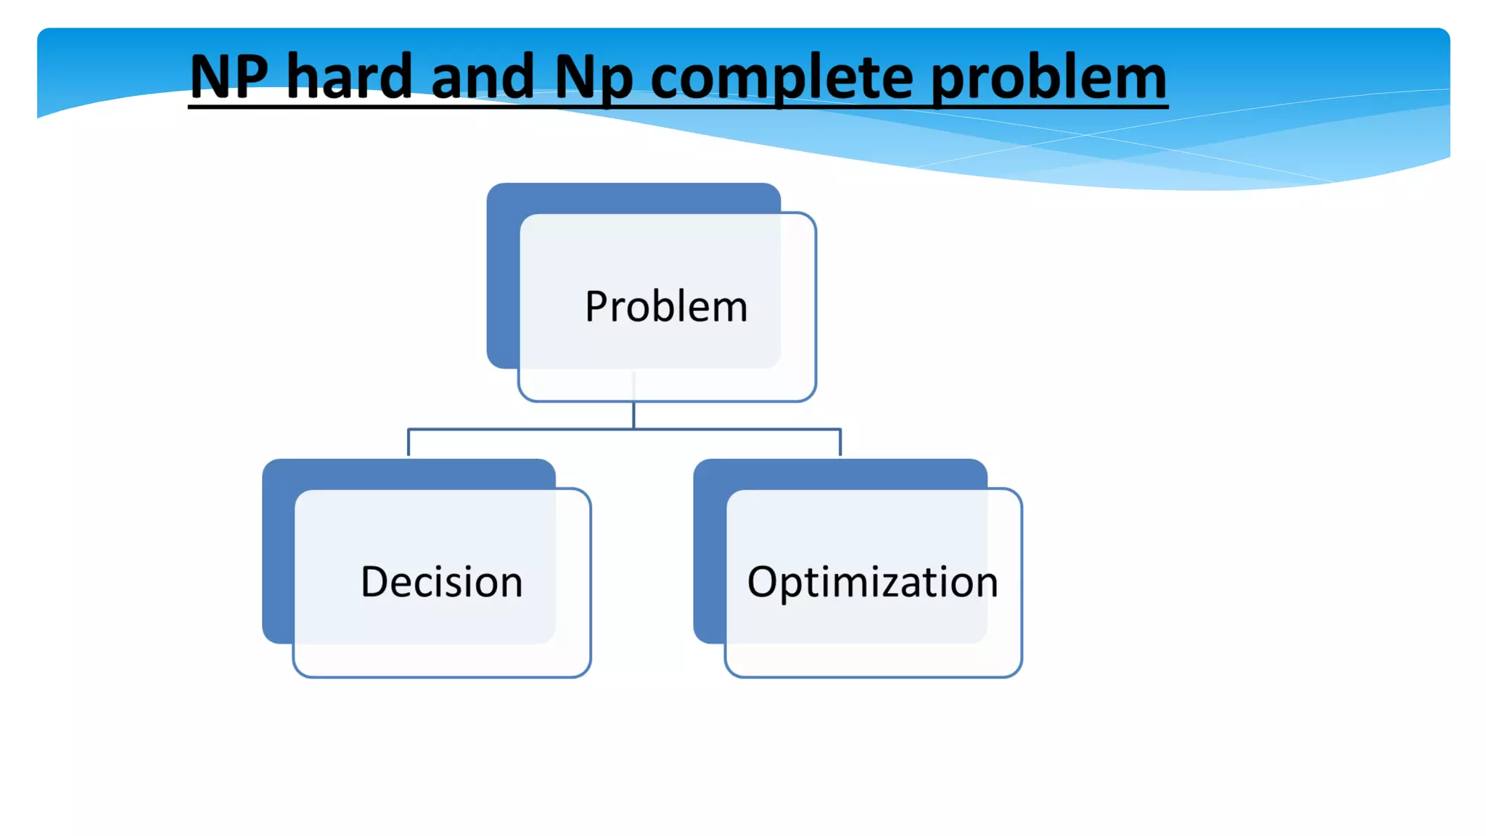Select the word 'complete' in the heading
click(781, 78)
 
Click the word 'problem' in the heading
click(1048, 78)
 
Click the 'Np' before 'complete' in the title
click(594, 78)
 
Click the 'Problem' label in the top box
click(666, 306)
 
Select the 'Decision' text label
click(441, 582)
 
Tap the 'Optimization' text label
click(872, 582)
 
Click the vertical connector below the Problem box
click(633, 415)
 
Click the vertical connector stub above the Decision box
click(409, 443)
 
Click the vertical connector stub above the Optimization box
click(840, 443)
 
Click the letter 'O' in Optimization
click(763, 582)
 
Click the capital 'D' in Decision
click(376, 582)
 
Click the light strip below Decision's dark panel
click(441, 660)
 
